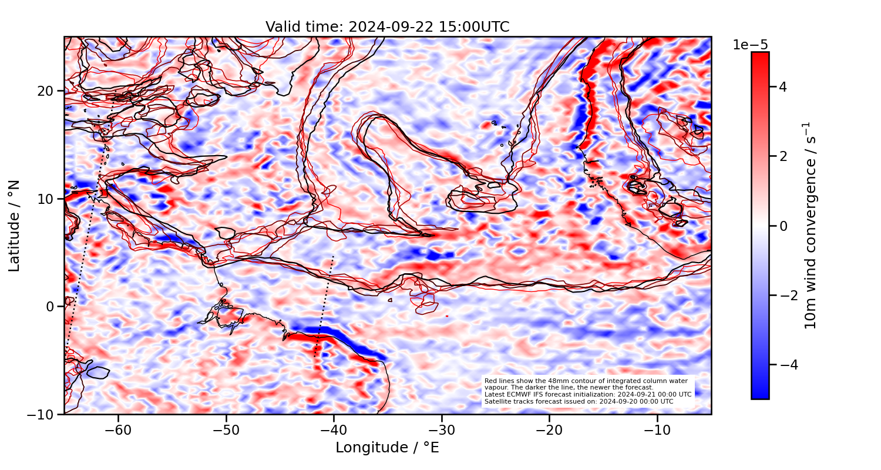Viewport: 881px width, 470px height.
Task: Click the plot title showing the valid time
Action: pos(387,27)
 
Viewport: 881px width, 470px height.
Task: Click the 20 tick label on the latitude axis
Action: pos(47,91)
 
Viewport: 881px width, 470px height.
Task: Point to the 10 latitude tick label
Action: pos(47,199)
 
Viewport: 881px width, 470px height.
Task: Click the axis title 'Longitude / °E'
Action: pos(387,448)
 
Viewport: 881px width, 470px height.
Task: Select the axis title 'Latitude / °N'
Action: pos(15,226)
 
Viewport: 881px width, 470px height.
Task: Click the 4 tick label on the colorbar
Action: pos(782,87)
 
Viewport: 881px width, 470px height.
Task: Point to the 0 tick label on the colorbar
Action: pos(782,226)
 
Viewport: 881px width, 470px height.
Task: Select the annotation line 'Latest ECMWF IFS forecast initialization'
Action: pos(587,394)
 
